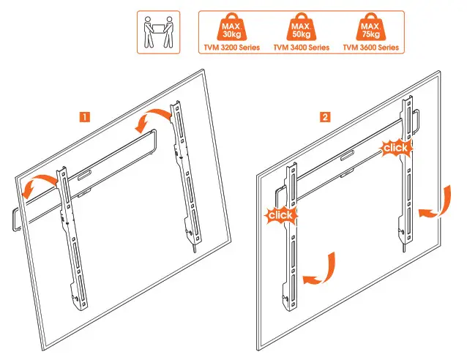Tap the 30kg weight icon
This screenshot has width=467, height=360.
229,27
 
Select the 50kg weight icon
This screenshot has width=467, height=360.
301,27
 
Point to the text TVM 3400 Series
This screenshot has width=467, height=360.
301,47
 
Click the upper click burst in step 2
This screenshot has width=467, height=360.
396,148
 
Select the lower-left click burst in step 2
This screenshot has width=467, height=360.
281,216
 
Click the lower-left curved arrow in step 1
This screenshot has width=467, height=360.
34,185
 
